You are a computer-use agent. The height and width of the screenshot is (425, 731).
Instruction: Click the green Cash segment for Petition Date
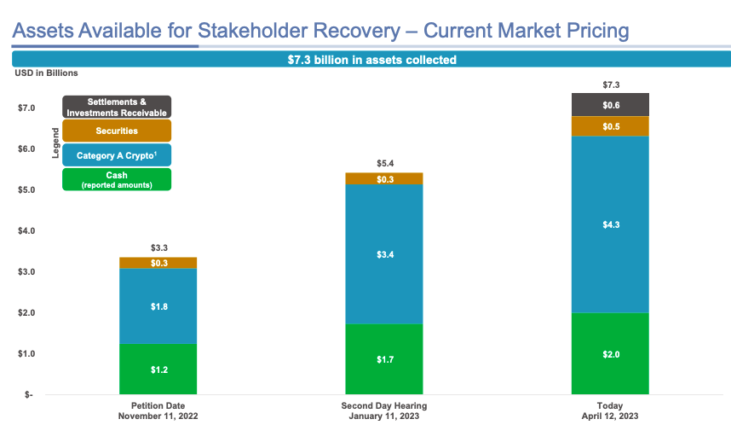point(158,369)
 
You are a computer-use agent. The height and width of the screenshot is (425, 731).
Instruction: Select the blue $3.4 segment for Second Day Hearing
point(383,253)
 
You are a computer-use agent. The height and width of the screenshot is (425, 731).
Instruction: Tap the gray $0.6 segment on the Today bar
point(610,105)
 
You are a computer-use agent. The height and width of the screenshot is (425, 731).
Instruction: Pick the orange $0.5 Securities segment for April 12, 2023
point(610,126)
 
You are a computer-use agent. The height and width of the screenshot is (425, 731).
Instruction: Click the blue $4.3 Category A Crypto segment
point(610,224)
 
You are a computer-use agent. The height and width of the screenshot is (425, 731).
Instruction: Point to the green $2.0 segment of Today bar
point(610,353)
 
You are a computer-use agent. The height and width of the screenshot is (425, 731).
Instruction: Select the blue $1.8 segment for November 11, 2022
point(158,306)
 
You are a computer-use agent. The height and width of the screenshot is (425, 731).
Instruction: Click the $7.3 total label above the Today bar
point(610,84)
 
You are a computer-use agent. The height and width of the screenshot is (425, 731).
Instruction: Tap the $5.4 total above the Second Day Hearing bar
point(384,163)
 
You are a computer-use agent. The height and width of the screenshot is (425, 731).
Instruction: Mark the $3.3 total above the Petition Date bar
point(158,247)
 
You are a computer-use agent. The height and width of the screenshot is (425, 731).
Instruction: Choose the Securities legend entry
point(117,131)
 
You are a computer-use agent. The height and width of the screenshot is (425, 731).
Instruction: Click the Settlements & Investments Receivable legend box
point(117,107)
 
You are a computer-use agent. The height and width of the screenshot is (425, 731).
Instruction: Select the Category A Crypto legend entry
point(117,155)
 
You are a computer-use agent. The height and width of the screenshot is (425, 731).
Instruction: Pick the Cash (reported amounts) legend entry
point(117,179)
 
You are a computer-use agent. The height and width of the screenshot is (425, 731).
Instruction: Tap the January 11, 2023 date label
point(383,416)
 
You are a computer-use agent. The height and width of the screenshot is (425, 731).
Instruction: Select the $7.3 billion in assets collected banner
point(371,60)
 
